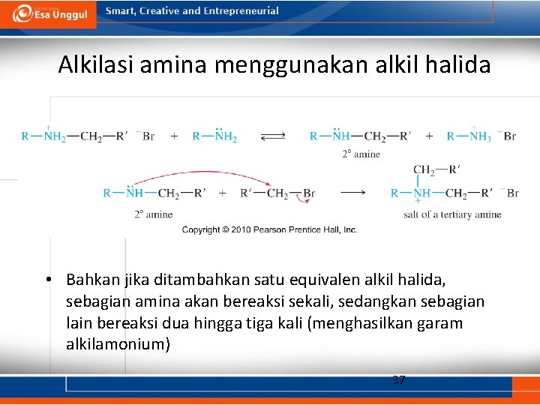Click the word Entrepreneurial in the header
point(240,11)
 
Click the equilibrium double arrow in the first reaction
point(273,136)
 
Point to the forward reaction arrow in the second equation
point(352,193)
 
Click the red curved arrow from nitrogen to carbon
point(202,177)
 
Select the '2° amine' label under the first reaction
point(361,154)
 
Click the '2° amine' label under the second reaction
point(153,214)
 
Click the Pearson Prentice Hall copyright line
point(269,229)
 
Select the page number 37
point(398,379)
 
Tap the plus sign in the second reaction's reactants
point(223,193)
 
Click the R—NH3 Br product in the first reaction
point(480,136)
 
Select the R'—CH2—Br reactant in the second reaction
point(277,193)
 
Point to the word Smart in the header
point(120,11)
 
